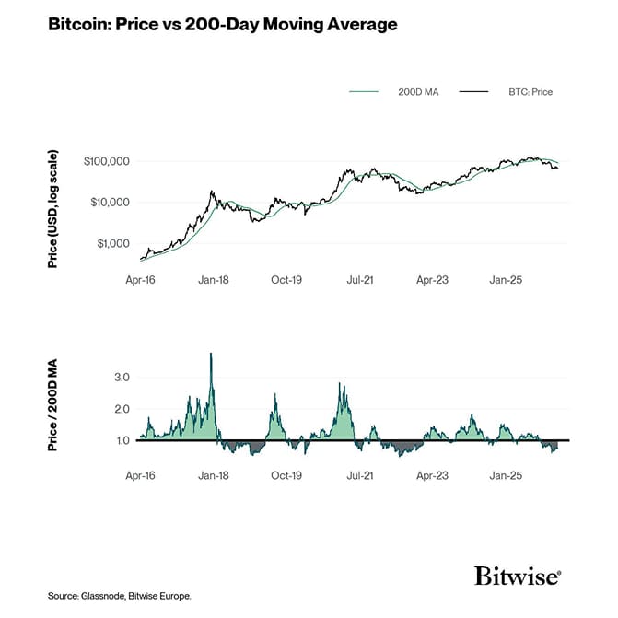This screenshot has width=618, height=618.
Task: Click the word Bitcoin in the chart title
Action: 78,25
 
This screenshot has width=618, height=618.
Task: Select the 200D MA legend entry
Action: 417,92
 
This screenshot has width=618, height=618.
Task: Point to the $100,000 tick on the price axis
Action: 106,161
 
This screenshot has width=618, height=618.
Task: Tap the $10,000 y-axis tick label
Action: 109,203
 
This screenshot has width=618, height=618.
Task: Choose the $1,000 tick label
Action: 112,243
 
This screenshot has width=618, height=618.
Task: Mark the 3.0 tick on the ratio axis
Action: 122,378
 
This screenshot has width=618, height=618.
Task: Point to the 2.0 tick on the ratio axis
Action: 122,409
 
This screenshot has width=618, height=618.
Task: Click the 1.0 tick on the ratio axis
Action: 122,441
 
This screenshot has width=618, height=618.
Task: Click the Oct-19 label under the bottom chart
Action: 286,476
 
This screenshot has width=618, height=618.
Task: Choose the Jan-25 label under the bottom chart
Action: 505,476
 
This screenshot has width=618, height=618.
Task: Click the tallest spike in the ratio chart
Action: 211,355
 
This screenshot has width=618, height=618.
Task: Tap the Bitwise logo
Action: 517,577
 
